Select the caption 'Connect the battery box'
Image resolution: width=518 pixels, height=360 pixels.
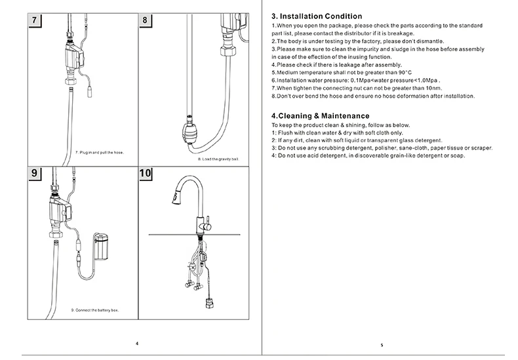94,309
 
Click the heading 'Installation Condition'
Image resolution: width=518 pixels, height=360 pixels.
317,16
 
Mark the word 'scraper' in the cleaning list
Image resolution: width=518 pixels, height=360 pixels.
480,148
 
